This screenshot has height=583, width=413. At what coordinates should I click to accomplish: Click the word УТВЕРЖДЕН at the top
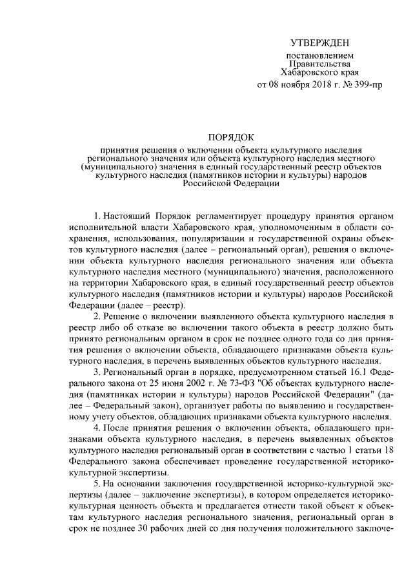319,43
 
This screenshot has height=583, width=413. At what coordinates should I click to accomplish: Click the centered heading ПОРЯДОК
230,137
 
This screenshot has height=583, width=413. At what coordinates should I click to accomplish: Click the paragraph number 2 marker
97,316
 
